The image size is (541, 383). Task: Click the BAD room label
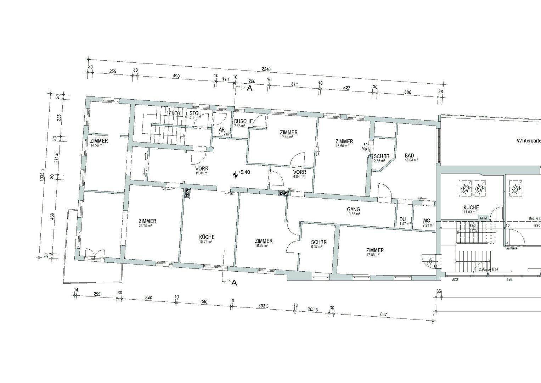click(409, 155)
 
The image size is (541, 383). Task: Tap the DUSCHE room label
click(243, 121)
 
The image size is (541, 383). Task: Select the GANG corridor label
click(353, 209)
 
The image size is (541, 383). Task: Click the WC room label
click(426, 221)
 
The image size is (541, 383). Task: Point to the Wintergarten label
click(528, 140)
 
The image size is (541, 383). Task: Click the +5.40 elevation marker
click(244, 172)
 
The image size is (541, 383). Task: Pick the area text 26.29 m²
click(145, 226)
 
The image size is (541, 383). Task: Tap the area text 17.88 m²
click(375, 255)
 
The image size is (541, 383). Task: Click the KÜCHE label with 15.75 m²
click(207, 237)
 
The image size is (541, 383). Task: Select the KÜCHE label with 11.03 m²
click(471, 207)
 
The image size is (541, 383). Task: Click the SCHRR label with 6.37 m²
click(319, 242)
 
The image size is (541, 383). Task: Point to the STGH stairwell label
click(195, 113)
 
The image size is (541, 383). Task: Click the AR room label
click(222, 130)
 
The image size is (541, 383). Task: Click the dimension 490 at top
click(176, 76)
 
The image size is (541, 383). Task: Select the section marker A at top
click(249, 89)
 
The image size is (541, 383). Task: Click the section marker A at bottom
click(234, 283)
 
